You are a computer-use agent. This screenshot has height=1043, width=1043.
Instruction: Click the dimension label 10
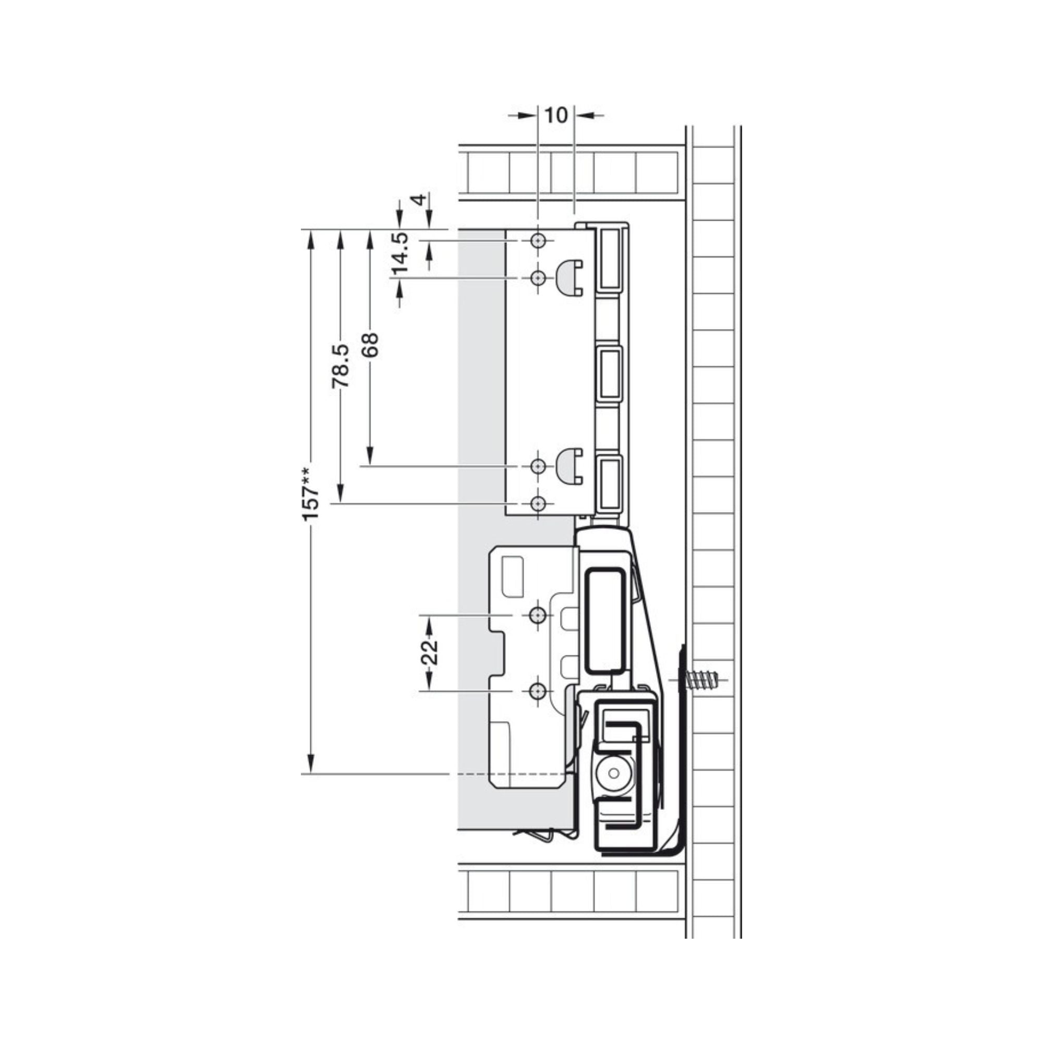[x=556, y=116]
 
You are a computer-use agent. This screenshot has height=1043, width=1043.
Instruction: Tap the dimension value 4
[x=418, y=200]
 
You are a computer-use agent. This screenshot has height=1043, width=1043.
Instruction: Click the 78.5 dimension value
[x=341, y=367]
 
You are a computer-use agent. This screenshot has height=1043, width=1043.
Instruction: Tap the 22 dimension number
[x=429, y=653]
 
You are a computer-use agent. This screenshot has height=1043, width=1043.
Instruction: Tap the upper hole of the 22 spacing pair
[x=537, y=615]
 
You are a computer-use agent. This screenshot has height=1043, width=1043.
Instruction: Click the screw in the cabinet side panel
[x=701, y=679]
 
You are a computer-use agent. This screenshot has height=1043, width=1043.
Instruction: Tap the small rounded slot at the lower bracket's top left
[x=513, y=577]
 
